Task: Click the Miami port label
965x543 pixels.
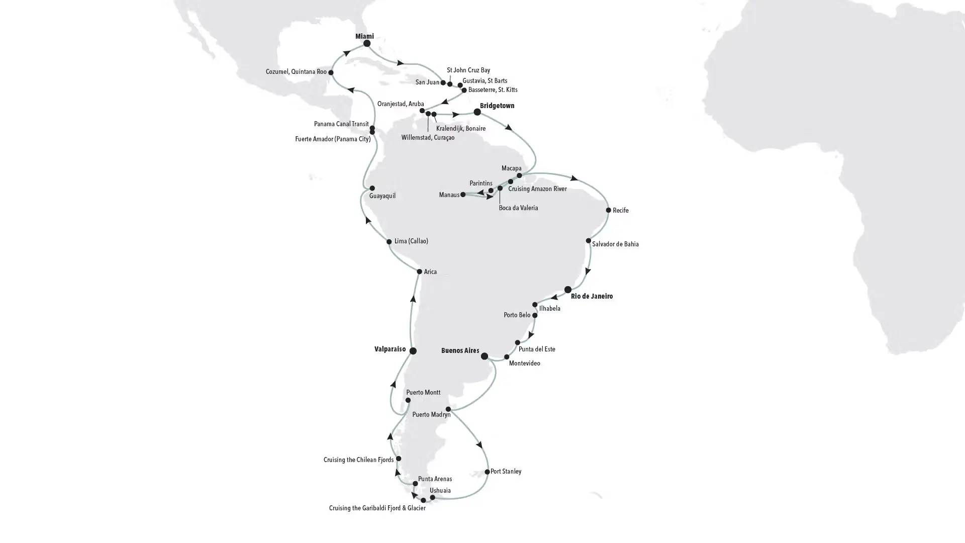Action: click(364, 36)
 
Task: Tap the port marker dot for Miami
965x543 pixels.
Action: click(367, 44)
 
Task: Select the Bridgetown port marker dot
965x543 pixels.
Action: click(477, 112)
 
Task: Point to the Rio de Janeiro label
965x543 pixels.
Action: click(592, 296)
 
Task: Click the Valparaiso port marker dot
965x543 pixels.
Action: click(413, 351)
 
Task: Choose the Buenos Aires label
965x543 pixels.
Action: click(460, 350)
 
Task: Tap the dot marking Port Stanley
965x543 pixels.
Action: click(487, 472)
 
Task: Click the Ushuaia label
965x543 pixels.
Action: click(440, 491)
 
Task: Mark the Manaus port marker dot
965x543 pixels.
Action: click(463, 195)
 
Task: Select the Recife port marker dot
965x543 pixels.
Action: click(608, 210)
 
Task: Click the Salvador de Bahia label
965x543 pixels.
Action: click(615, 244)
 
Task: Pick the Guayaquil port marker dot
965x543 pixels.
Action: click(372, 189)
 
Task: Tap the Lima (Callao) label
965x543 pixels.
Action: click(411, 241)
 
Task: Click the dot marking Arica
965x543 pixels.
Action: click(419, 272)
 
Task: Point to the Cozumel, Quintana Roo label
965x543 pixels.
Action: click(296, 72)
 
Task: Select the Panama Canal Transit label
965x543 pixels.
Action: click(341, 124)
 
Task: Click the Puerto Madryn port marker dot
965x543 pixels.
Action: click(448, 409)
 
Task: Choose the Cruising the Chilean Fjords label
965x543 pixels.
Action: click(358, 460)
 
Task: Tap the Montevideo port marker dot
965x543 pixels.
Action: click(507, 357)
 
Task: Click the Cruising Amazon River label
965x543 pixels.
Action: click(537, 189)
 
